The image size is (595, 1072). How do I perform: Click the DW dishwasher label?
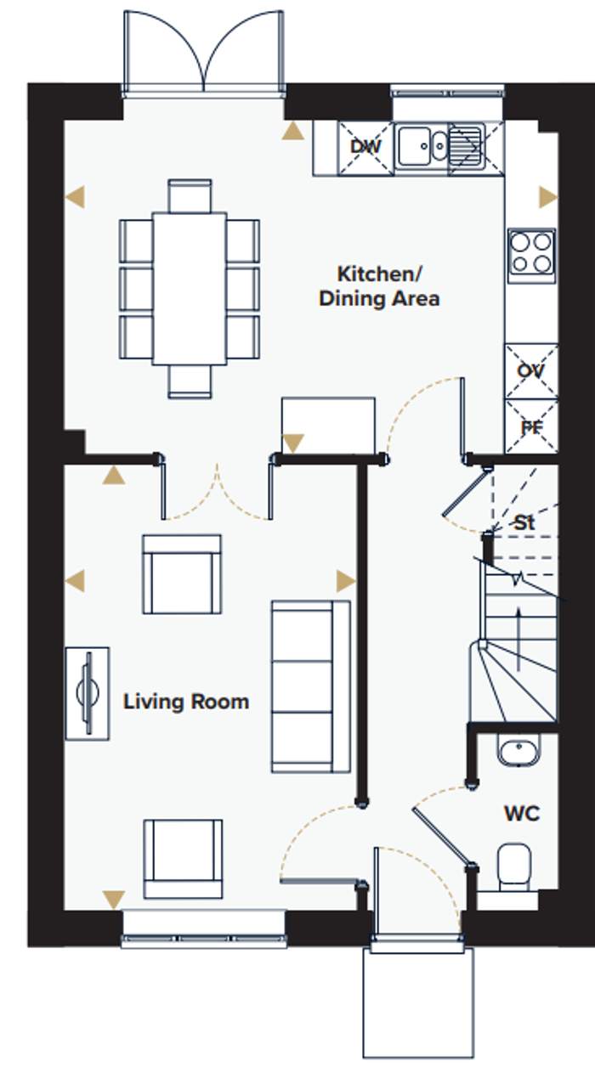(366, 148)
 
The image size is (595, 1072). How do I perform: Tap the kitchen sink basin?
(416, 145)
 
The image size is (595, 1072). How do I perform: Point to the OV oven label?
(531, 371)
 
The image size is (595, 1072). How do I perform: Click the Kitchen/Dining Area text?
(379, 286)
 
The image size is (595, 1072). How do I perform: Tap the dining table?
(190, 288)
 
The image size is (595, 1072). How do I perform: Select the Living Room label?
(186, 702)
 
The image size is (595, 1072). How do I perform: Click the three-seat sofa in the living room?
(310, 686)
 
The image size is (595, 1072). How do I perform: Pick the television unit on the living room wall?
(88, 693)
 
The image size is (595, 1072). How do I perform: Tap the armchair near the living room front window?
(183, 858)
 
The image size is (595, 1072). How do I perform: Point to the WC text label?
(521, 814)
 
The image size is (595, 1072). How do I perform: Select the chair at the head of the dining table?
(190, 195)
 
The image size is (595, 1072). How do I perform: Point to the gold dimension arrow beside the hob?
(547, 198)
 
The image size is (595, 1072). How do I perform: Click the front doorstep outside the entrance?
(417, 1002)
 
